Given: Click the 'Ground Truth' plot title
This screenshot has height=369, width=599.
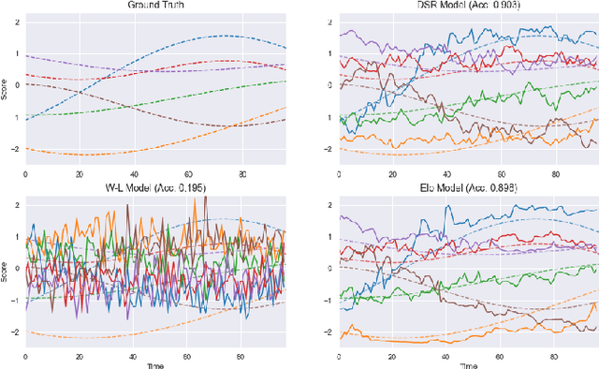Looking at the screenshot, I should click(155, 5).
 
